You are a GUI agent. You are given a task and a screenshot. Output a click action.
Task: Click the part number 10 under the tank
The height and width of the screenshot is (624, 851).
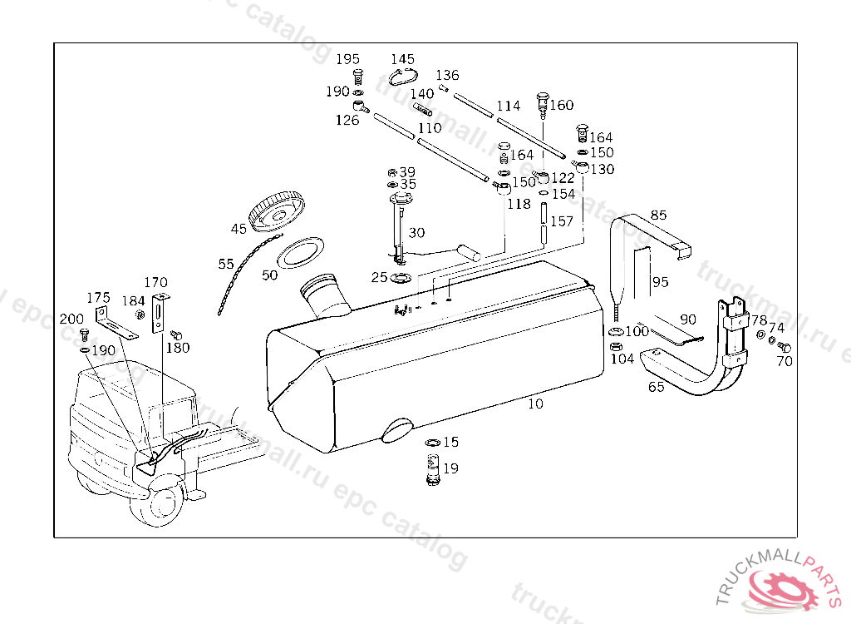535,404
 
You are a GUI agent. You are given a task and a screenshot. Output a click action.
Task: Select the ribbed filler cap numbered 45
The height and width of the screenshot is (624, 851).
278,211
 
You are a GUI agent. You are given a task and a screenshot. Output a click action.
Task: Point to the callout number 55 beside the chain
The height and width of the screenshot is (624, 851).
226,265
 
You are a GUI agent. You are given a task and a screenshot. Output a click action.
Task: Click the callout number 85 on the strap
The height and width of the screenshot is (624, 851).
658,215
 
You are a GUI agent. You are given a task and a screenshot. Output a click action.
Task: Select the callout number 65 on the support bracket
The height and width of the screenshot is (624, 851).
657,387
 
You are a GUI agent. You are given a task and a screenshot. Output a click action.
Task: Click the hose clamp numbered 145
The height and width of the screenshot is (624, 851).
403,77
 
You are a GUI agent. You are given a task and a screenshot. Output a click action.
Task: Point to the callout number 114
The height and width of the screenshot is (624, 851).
508,106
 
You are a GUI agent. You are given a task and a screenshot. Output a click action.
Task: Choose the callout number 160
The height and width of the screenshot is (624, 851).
562,105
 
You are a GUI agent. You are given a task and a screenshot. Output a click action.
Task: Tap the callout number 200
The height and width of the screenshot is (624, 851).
71,319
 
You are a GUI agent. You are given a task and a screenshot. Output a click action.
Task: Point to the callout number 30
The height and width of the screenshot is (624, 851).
416,233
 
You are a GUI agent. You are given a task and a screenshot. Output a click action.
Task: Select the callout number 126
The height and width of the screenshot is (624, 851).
347,121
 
